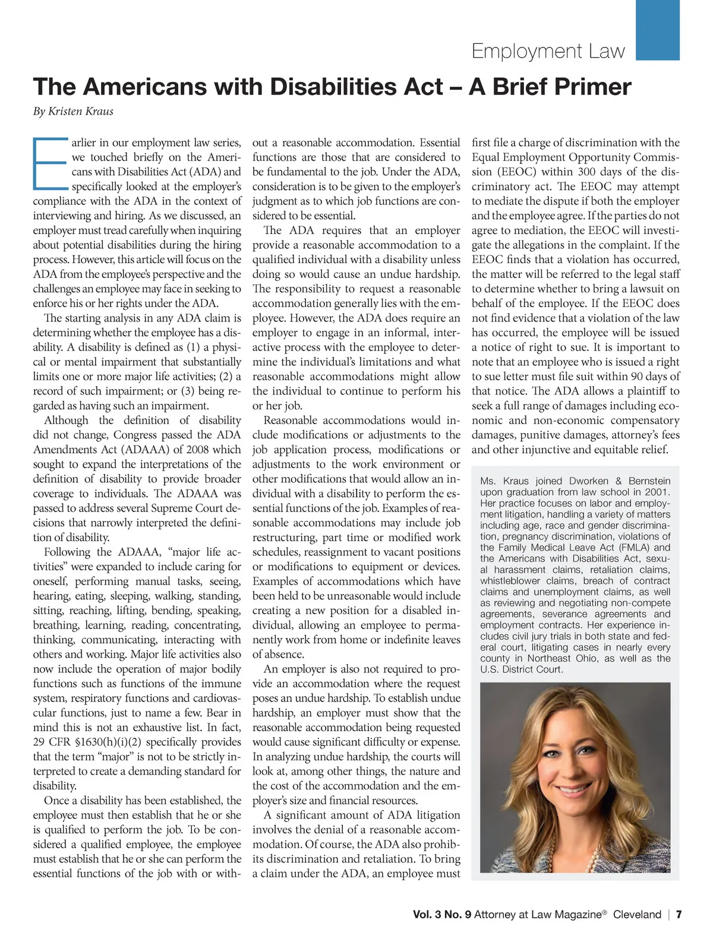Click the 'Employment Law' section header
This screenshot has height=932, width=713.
pyautogui.click(x=548, y=51)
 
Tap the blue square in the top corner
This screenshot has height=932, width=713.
pyautogui.click(x=657, y=30)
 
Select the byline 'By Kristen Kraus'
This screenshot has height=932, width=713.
pyautogui.click(x=73, y=111)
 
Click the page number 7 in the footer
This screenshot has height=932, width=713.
pyautogui.click(x=679, y=914)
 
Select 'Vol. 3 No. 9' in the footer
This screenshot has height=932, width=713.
pyautogui.click(x=442, y=914)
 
